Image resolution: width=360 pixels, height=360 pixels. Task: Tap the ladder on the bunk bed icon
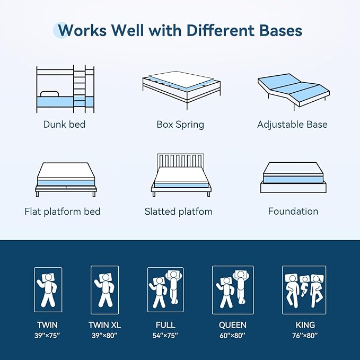pyautogui.click(x=79, y=89)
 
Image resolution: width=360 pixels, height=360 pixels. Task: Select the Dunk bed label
pyautogui.click(x=64, y=125)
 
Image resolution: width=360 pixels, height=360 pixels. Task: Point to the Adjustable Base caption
pyautogui.click(x=292, y=125)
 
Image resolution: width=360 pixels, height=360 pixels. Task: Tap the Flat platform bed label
pyautogui.click(x=63, y=212)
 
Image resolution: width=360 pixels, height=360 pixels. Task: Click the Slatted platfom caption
pyautogui.click(x=179, y=212)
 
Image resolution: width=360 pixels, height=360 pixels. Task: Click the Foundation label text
pyautogui.click(x=293, y=212)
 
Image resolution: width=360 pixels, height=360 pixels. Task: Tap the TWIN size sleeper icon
pyautogui.click(x=48, y=289)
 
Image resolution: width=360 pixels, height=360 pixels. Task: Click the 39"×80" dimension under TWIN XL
pyautogui.click(x=103, y=336)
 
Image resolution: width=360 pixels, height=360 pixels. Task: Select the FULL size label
pyautogui.click(x=165, y=325)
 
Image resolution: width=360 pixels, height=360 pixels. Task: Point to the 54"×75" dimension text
pyautogui.click(x=165, y=336)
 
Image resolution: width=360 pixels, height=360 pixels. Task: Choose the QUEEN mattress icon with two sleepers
pyautogui.click(x=233, y=289)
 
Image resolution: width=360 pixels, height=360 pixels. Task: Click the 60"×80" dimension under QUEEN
pyautogui.click(x=233, y=336)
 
